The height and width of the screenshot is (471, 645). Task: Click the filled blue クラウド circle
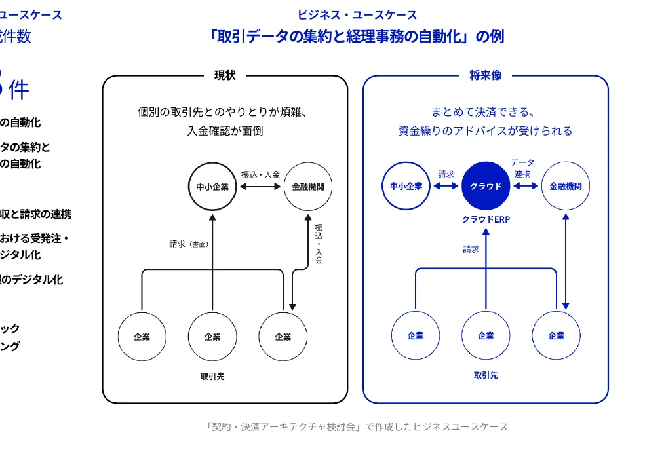486,186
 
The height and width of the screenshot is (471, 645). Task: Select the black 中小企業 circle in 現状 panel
212,186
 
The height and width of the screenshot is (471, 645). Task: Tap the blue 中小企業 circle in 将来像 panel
406,186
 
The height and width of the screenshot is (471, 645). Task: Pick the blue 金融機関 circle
565,186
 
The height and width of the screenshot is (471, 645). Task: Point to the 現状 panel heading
225,75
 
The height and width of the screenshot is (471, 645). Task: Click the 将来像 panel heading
486,75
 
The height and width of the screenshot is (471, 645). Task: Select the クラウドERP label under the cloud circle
486,220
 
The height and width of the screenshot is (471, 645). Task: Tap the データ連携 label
522,168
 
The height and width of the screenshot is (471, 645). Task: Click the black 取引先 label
212,377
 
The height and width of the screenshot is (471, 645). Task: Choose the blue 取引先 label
486,375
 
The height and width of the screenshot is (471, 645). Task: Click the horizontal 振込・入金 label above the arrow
260,174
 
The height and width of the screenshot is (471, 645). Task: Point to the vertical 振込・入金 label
319,243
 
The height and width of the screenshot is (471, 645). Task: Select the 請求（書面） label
189,244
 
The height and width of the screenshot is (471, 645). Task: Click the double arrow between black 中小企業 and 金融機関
260,187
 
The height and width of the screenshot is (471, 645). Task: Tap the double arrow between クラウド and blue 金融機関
525,186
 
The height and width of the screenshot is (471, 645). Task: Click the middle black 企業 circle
212,337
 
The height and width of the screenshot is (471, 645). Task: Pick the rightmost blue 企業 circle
556,336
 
